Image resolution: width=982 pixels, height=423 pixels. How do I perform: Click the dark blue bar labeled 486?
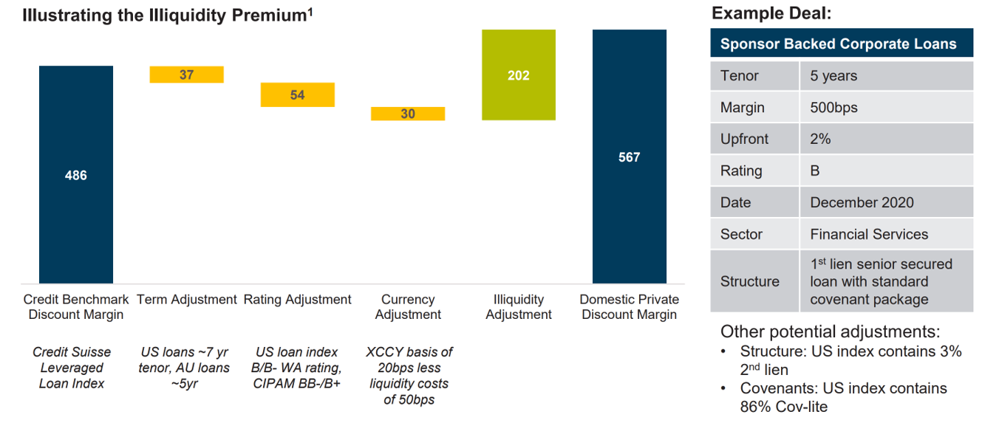(x=76, y=175)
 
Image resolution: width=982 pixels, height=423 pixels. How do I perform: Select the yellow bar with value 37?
(x=186, y=75)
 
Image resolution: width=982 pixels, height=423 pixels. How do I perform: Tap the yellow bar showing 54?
(x=297, y=94)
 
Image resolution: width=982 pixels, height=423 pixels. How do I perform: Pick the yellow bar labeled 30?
(x=408, y=114)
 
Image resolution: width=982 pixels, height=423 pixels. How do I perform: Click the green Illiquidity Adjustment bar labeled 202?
(x=518, y=75)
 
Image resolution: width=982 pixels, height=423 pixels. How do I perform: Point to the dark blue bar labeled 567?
(x=629, y=157)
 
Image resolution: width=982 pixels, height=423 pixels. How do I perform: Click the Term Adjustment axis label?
(x=187, y=300)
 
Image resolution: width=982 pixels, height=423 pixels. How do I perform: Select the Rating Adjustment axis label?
(x=297, y=300)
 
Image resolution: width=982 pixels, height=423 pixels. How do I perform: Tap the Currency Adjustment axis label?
(x=408, y=307)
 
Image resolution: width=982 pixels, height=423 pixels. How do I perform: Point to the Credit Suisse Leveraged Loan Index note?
(x=72, y=368)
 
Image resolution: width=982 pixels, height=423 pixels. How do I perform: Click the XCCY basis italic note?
(x=408, y=376)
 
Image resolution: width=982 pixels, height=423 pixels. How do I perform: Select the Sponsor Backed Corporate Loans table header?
(x=838, y=44)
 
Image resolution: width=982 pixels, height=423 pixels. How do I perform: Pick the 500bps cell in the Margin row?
(x=834, y=108)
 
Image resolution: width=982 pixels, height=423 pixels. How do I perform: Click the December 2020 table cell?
(x=862, y=202)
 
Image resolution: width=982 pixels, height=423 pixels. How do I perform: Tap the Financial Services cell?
(x=869, y=234)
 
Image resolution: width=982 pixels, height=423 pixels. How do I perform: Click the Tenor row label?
(x=740, y=76)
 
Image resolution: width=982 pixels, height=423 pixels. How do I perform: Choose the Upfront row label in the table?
(x=744, y=140)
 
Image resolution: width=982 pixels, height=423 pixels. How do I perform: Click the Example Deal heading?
(x=771, y=13)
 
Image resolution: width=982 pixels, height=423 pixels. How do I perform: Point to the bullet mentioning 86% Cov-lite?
(x=844, y=397)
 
